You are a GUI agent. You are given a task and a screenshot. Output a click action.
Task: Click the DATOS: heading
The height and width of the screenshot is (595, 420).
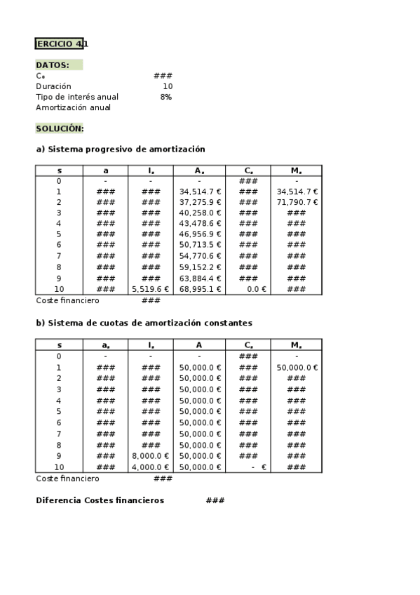coord(53,65)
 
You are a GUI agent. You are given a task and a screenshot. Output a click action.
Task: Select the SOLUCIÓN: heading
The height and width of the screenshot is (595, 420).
coord(60,128)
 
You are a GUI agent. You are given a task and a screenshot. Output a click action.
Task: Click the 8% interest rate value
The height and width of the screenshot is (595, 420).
coord(165,97)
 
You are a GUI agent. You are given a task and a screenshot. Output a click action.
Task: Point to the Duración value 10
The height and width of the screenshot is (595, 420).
coord(167,86)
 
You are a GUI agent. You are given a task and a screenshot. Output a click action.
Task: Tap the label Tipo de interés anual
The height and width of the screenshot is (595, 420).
coord(77,97)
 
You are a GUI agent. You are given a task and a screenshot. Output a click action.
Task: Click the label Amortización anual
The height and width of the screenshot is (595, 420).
coord(73,107)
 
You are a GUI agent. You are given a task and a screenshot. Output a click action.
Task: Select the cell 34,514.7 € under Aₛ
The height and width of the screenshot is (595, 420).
coord(200,192)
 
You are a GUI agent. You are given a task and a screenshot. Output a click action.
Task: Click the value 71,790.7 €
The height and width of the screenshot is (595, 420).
coord(297,202)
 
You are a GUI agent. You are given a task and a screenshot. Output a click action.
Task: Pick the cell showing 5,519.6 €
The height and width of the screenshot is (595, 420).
coord(150,289)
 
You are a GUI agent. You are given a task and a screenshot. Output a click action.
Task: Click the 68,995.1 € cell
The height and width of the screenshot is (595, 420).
coord(200,289)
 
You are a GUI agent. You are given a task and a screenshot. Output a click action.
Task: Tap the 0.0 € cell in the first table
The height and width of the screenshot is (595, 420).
coord(256,289)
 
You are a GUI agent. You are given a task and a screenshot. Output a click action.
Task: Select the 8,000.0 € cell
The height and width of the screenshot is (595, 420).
coord(150,456)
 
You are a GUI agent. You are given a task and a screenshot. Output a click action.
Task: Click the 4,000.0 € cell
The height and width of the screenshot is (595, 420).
coord(150,467)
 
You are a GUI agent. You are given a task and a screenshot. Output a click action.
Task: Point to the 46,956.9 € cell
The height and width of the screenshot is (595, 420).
coord(200,234)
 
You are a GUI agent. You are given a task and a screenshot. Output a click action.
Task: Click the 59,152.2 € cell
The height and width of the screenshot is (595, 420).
coord(200,267)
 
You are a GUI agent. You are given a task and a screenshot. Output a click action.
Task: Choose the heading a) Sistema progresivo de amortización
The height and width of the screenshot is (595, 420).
coord(120,149)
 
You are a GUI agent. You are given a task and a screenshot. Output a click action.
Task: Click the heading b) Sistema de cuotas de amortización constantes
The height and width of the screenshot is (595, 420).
coord(144,323)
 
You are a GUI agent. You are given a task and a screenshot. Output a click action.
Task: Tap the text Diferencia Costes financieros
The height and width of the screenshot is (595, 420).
coord(100,500)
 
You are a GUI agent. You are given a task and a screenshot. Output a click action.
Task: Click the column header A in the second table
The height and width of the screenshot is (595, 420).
coord(199,345)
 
